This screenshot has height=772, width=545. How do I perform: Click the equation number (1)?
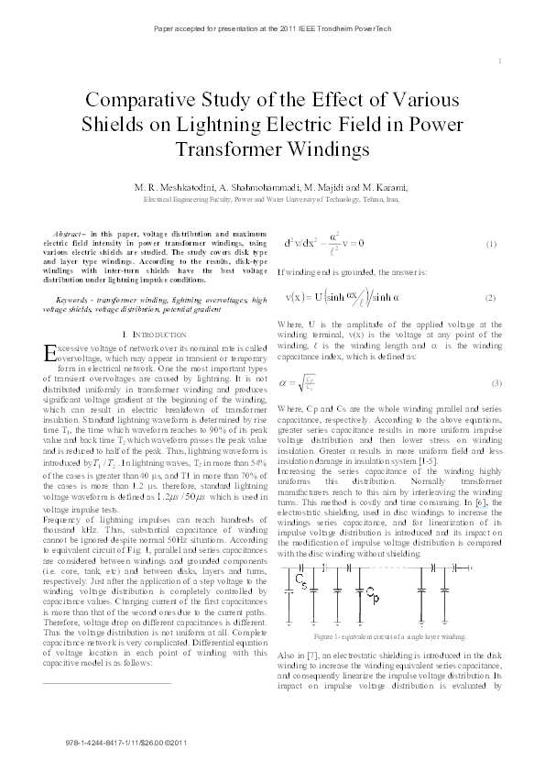point(491,244)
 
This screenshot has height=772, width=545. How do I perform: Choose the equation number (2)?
point(491,299)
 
